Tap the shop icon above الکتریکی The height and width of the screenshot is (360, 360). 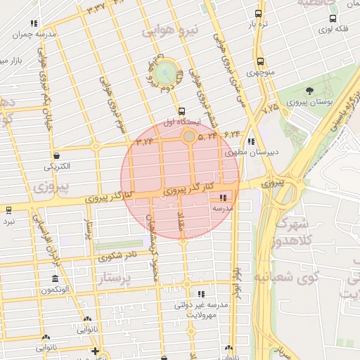tap(56, 155)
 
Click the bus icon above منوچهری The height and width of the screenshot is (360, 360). tap(260, 61)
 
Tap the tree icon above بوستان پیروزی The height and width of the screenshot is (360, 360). tap(309, 91)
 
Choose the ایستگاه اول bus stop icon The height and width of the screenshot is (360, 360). tap(182, 111)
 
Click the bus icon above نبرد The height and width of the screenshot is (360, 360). tap(8, 210)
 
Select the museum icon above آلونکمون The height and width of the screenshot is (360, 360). tap(55, 278)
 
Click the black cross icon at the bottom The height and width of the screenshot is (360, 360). tap(96, 351)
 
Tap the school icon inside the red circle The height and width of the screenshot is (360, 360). tap(224, 199)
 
